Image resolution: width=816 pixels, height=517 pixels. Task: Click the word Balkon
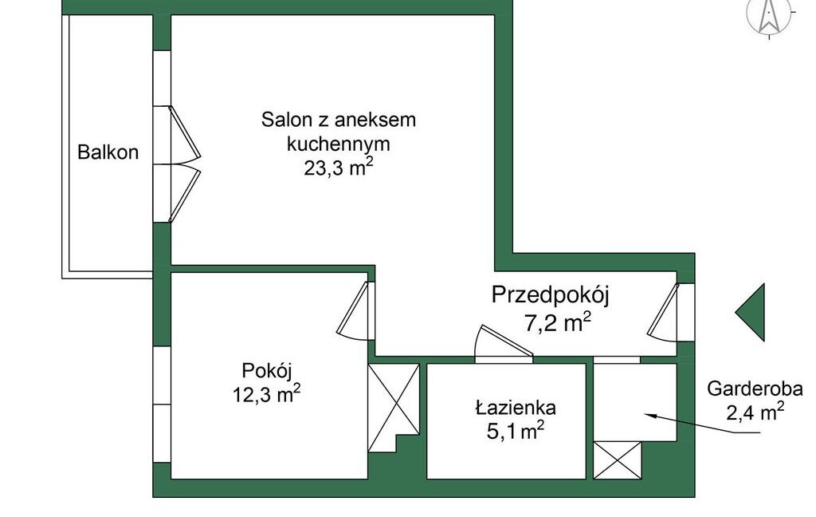pos(108,152)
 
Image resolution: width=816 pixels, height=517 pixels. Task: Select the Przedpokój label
pos(550,295)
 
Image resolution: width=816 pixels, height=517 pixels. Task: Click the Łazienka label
pos(515,408)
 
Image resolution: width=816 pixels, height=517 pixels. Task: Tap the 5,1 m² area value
pos(515,432)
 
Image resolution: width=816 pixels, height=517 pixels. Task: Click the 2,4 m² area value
pos(755,412)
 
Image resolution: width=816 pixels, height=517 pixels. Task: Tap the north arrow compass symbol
pos(769,16)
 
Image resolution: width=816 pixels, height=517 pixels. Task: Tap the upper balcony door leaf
pos(184,133)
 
